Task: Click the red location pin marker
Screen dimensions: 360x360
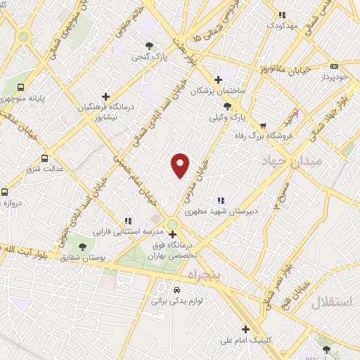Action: (181, 165)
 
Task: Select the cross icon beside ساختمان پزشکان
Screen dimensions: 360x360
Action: (218, 79)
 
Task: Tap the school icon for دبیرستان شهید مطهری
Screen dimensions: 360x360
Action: (221, 200)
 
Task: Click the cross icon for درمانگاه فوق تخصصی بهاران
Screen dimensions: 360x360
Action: (172, 234)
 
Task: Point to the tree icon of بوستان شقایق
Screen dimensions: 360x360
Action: (83, 247)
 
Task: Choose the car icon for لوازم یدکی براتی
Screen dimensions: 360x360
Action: (176, 290)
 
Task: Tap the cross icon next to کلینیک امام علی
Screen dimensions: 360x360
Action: (245, 328)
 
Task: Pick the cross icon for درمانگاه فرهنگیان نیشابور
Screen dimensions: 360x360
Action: (105, 96)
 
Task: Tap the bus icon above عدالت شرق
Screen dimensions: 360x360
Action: (44, 158)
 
